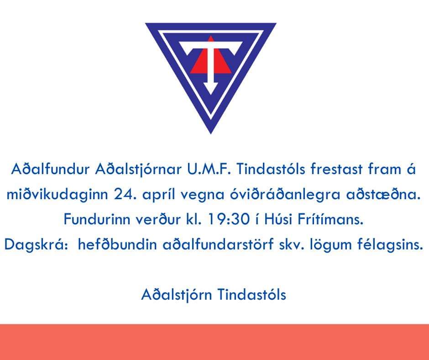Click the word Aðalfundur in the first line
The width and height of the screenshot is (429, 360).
(50, 169)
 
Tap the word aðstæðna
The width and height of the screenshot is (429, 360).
(383, 195)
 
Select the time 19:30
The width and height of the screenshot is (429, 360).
(229, 219)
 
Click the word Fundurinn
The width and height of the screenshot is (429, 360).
(97, 219)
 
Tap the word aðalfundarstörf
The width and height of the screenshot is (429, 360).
(218, 244)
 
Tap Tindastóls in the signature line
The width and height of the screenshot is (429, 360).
(252, 295)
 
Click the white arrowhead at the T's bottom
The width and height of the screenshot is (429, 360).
(211, 88)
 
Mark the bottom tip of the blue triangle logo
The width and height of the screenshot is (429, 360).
(211, 133)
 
